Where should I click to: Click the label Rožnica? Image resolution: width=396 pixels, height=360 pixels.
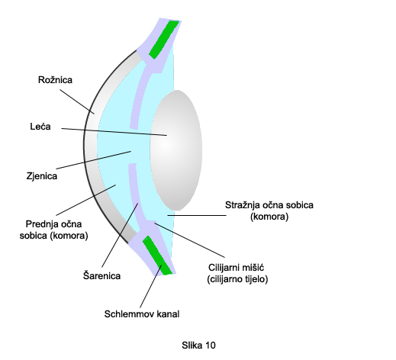click(55, 80)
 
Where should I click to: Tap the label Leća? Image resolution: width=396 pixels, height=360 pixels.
click(40, 127)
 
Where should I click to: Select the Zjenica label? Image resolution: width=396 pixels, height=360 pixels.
click(42, 176)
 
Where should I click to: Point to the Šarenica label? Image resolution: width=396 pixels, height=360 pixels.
click(101, 275)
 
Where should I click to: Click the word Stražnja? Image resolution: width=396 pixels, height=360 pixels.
click(242, 205)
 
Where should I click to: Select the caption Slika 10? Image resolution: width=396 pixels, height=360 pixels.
click(198, 345)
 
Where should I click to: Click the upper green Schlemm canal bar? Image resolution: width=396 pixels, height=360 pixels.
click(164, 40)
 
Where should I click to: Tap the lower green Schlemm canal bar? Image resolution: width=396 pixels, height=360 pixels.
click(158, 256)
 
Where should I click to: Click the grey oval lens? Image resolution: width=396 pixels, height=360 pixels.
click(176, 150)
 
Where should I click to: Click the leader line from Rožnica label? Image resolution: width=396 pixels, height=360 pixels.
click(77, 101)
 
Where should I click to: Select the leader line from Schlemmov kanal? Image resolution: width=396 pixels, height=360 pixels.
click(151, 286)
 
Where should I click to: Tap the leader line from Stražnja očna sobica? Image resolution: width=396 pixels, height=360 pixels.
click(197, 215)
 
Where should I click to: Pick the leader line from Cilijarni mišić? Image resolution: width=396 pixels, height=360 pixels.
click(189, 240)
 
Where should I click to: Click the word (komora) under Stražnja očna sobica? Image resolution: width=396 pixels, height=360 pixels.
click(269, 217)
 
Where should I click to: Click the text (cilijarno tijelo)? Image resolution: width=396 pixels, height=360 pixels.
click(237, 279)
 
